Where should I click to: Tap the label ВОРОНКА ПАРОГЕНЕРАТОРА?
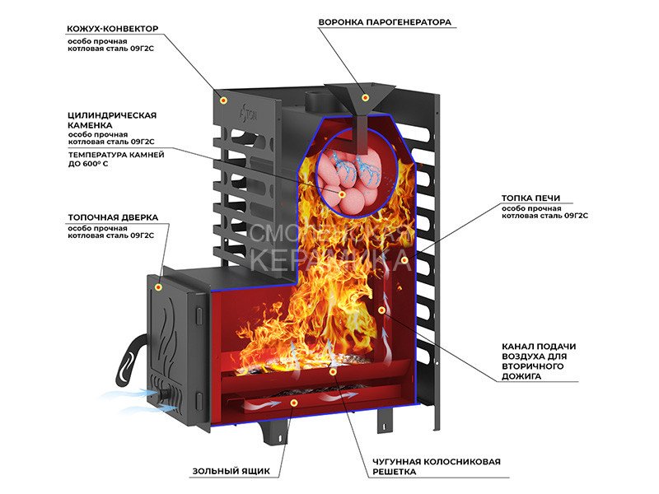coord(385,22)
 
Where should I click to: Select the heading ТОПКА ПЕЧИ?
coord(531,198)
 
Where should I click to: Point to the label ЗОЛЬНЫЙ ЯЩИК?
coord(231,472)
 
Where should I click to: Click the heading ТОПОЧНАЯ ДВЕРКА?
coord(113,218)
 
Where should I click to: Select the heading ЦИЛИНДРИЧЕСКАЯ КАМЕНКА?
coord(112,120)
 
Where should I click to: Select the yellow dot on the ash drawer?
coord(294,403)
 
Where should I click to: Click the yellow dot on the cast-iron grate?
coord(333,371)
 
